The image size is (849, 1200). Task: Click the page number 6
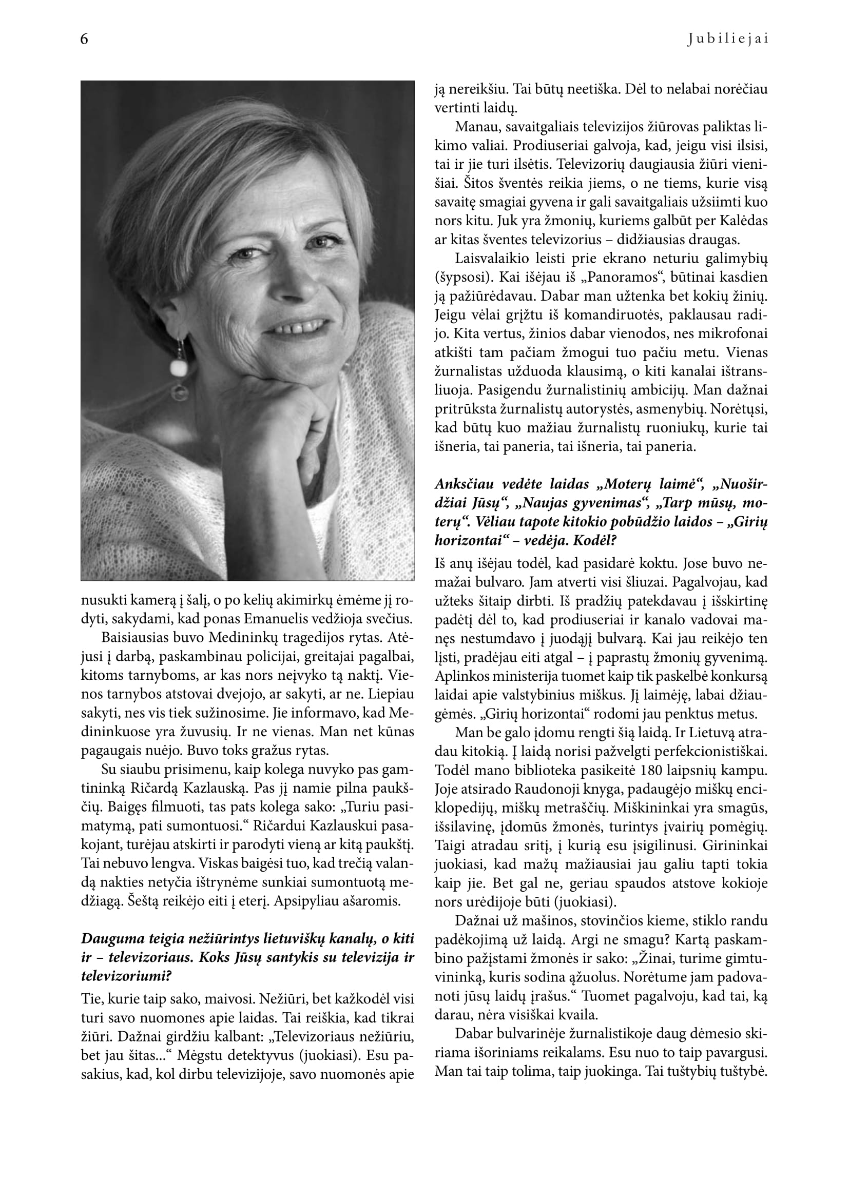click(85, 40)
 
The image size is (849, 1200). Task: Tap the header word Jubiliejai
click(728, 40)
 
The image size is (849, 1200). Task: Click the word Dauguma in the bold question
click(110, 939)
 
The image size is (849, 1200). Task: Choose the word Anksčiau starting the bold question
click(466, 484)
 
